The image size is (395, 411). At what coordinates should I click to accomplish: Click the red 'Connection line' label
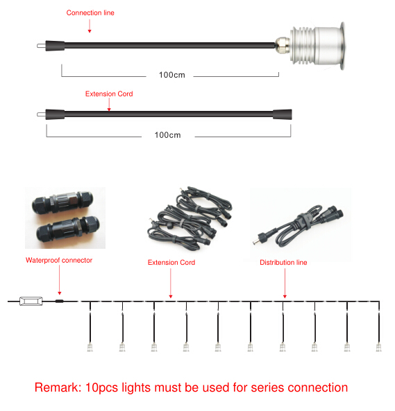tap(90, 12)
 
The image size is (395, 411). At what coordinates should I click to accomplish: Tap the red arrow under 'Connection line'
tap(90, 26)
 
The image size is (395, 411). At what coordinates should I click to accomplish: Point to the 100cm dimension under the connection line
tap(172, 75)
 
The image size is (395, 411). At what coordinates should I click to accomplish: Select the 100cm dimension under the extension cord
tap(168, 135)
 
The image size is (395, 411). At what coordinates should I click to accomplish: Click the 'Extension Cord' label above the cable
tap(109, 94)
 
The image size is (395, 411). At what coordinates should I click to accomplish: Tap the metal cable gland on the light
tap(283, 45)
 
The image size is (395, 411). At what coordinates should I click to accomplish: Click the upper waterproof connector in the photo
tap(62, 202)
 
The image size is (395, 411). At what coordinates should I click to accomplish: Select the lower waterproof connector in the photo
tap(68, 228)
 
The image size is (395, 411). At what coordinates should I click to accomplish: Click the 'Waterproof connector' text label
tap(59, 260)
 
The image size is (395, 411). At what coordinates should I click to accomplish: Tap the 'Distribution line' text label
tap(283, 262)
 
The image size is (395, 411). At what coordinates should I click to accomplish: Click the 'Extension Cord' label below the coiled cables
tap(171, 262)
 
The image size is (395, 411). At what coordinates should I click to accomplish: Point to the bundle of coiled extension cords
tap(190, 219)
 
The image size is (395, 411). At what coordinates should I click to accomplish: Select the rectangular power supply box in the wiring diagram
tap(31, 301)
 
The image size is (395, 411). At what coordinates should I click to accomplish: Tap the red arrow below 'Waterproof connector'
tap(59, 280)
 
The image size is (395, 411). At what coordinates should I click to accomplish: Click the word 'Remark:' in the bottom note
tap(58, 387)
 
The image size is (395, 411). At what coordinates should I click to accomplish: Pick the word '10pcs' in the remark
tap(102, 387)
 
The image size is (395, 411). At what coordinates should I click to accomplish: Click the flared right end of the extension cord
tap(283, 114)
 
